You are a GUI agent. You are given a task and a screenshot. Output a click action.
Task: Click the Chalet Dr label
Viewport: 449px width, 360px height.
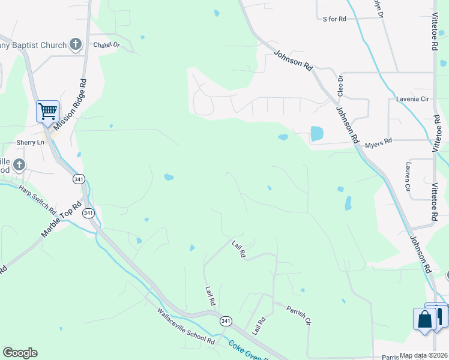pos(106,45)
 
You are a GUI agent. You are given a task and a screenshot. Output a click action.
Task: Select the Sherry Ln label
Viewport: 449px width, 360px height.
pos(31,142)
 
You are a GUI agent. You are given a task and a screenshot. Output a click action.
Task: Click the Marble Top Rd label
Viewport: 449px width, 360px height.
pos(61,220)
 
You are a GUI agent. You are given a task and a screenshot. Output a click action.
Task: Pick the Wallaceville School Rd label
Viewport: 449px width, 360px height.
pos(185,326)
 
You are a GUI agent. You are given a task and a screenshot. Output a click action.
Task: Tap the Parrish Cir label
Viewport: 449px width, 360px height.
pos(298,316)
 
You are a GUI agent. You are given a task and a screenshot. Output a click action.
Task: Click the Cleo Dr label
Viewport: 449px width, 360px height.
pos(340,86)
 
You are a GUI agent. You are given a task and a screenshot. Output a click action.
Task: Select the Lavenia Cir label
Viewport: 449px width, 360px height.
pos(412,98)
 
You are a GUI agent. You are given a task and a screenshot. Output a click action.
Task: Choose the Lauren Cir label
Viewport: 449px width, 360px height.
pos(408,176)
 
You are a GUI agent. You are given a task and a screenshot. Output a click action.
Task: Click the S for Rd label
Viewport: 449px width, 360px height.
pos(334,19)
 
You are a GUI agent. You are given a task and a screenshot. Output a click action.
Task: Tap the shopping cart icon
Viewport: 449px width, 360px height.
pos(47,111)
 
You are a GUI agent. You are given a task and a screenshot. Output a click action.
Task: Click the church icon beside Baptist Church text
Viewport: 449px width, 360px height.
pos(75,44)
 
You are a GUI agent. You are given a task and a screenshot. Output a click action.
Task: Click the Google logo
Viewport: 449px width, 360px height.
pos(20,353)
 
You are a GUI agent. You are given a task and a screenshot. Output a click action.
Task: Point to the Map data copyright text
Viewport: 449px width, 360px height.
pos(424,355)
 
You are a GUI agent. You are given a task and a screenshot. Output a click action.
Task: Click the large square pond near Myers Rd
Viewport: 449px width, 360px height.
pos(316,134)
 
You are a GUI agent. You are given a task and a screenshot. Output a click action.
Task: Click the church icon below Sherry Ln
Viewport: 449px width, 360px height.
pos(19,164)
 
